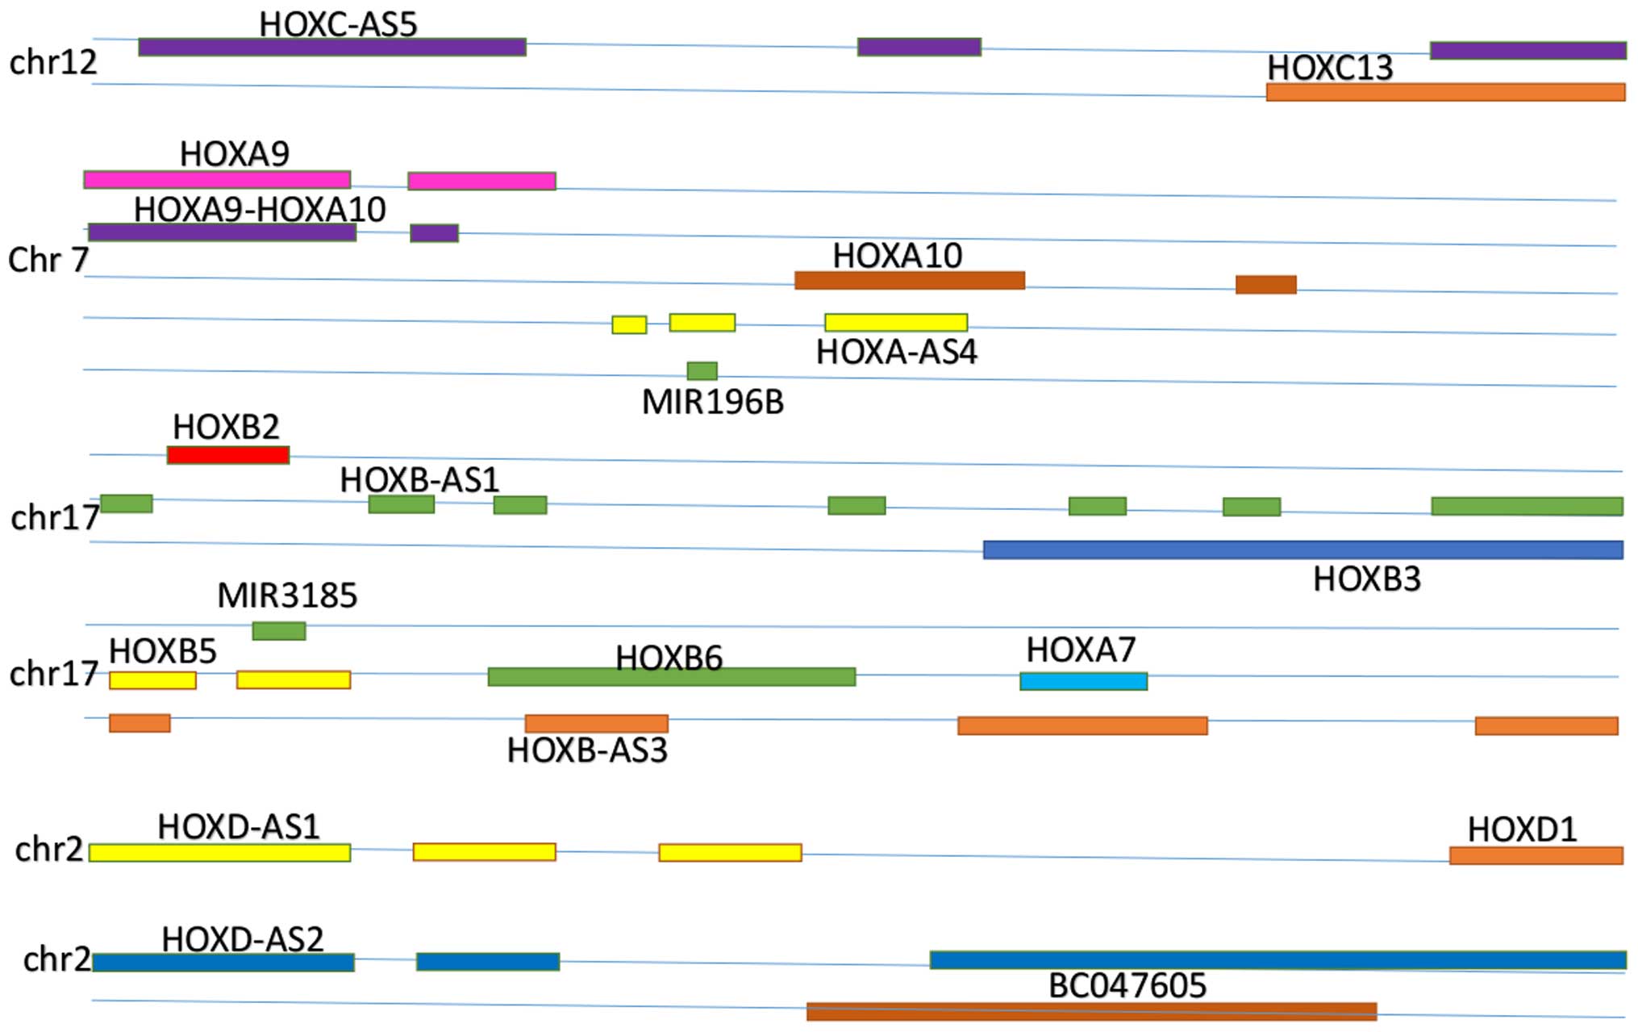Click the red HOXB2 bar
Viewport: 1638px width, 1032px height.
tap(228, 455)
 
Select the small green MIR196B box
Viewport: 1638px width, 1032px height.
tap(702, 371)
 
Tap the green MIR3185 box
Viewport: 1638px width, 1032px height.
tap(279, 631)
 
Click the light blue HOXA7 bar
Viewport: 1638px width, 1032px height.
tap(1083, 682)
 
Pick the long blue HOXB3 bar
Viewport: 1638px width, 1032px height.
tap(1302, 550)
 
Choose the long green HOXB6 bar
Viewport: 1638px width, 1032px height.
tap(671, 678)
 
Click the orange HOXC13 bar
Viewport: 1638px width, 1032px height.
tap(1445, 92)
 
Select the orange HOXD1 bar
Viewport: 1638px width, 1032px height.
tap(1536, 855)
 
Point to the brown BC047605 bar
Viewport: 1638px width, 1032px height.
tap(1091, 1012)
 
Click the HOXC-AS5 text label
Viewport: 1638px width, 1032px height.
tap(338, 24)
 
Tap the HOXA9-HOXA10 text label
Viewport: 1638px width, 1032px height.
tap(260, 210)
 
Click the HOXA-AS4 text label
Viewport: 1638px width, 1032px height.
tap(896, 353)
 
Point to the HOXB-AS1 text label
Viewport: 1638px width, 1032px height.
tap(419, 480)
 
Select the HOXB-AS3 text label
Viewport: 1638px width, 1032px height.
tap(587, 751)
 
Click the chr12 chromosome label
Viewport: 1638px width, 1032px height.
tap(52, 62)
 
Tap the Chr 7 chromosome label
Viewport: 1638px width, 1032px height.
tap(48, 260)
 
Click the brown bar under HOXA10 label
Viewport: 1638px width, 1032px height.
tap(909, 281)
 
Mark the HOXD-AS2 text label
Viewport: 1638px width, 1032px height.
tap(242, 939)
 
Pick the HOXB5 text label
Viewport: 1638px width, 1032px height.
tap(162, 651)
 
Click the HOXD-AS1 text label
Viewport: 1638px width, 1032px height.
tap(238, 827)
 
